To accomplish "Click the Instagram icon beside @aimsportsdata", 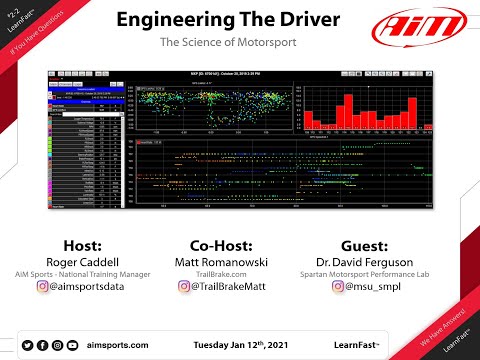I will coord(43,287).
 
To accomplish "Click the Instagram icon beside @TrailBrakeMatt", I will coord(186,287).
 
